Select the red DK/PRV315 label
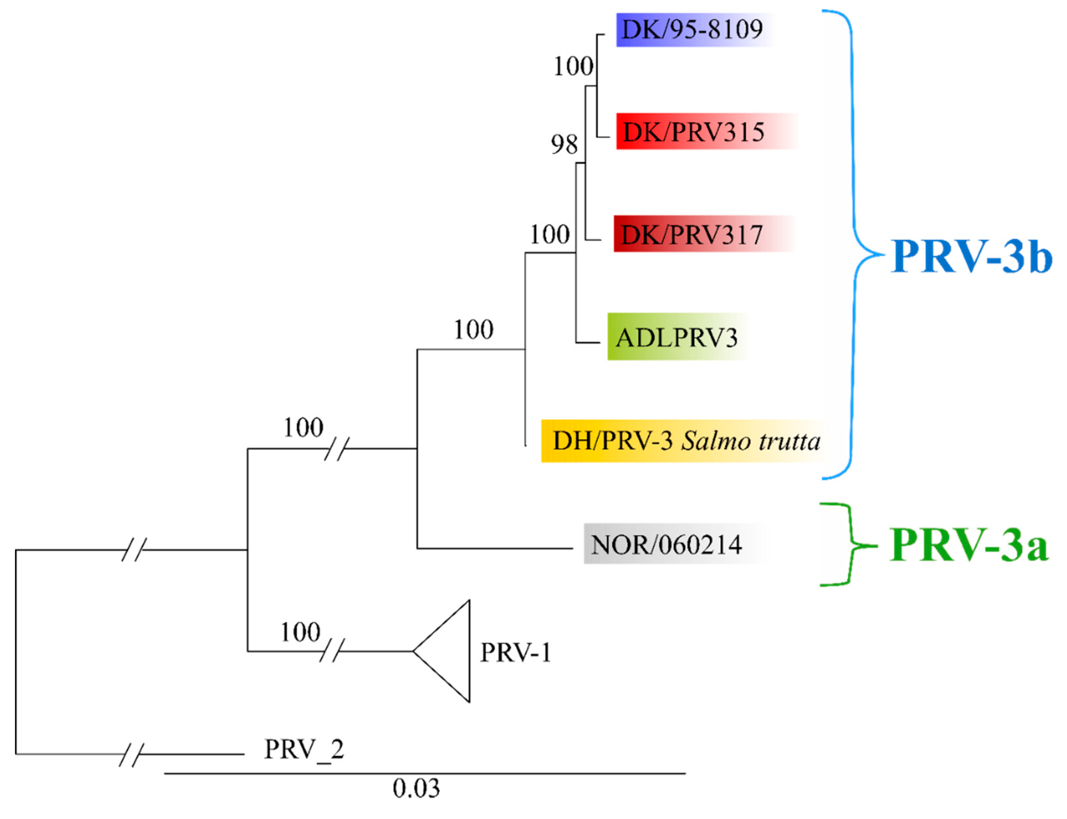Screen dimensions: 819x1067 (x=693, y=132)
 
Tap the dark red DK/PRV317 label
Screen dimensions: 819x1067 (x=691, y=234)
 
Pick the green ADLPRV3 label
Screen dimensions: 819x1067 (x=676, y=337)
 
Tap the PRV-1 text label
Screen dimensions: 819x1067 (x=515, y=652)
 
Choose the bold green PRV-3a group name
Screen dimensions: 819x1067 (x=968, y=545)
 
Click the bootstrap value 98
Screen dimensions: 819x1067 (x=564, y=144)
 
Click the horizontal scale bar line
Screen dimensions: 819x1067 (x=424, y=773)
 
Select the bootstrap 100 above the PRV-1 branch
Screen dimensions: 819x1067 (x=300, y=632)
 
